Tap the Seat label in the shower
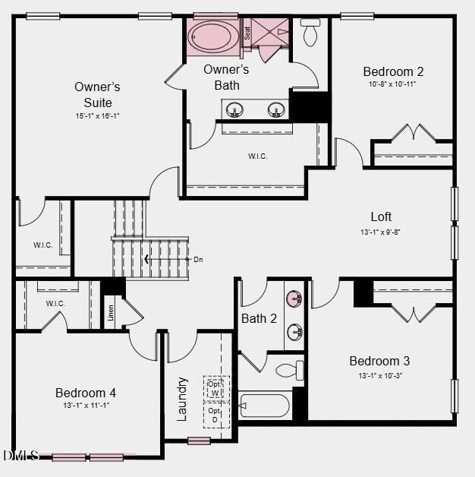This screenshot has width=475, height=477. pos(247,33)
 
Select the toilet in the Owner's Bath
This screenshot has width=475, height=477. pos(310,33)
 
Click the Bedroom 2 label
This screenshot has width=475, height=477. pos(393,71)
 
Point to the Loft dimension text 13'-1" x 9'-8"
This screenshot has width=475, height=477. pos(381,232)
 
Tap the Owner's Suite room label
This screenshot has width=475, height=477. pos(97,94)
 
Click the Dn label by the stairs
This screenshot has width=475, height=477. pos(198,260)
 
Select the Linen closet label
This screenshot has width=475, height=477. pos(111,312)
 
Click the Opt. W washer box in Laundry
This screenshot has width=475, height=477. pos(215,387)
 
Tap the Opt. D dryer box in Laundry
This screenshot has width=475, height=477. pos(215,415)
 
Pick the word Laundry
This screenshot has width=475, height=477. pos(182,398)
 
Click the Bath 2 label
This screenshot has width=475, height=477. pos(259,318)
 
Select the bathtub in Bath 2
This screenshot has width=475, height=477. pos(264,405)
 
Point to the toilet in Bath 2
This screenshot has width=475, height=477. pos(290,371)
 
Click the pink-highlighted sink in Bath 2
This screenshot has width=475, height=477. pos(294,298)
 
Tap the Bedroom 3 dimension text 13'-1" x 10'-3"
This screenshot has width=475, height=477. pos(379,375)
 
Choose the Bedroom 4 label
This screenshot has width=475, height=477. pos(86,393)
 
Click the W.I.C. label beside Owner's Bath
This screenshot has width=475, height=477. pos(258,156)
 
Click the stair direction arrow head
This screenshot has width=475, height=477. pos(146,260)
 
